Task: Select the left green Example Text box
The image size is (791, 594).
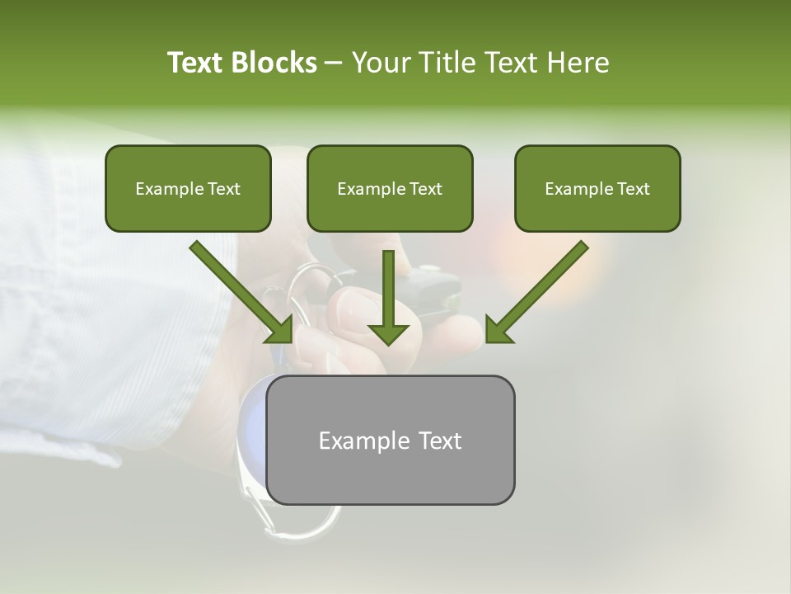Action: (x=188, y=189)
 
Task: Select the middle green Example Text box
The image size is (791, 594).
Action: (x=390, y=189)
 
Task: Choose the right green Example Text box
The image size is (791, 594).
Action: (x=597, y=189)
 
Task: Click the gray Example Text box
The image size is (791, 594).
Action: (x=390, y=440)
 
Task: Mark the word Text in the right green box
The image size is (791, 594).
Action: (x=632, y=189)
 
